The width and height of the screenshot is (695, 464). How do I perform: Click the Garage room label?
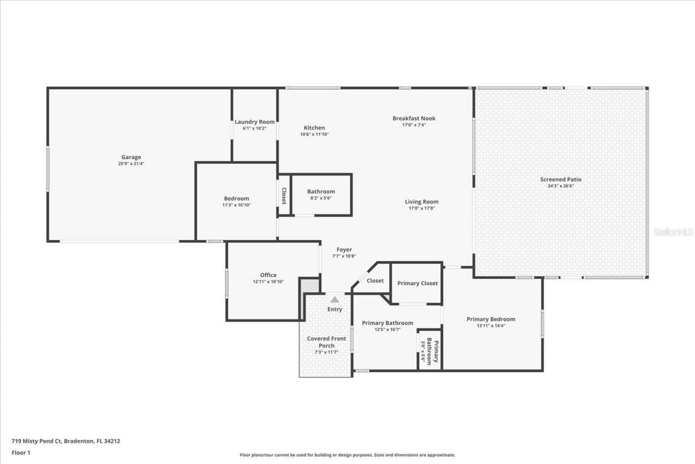[131, 157]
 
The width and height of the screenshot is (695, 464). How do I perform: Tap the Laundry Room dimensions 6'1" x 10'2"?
[254, 128]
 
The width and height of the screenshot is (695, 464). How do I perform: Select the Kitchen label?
[314, 128]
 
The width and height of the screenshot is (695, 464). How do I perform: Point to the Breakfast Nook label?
[414, 118]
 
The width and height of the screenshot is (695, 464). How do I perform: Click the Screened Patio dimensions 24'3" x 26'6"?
[560, 186]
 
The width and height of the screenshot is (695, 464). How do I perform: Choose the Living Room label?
[421, 202]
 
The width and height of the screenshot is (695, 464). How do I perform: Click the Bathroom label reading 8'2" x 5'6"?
[321, 191]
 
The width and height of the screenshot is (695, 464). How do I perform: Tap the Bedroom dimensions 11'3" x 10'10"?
[236, 205]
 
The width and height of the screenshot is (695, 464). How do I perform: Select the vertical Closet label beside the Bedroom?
[283, 196]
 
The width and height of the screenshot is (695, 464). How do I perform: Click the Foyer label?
[344, 249]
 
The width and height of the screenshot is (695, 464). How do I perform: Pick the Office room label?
[268, 275]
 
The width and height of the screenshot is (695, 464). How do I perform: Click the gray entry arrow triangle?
[335, 299]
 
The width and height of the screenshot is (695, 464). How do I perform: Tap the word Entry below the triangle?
[335, 309]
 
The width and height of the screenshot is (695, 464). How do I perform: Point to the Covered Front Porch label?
[326, 342]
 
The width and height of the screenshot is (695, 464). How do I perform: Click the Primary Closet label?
[417, 283]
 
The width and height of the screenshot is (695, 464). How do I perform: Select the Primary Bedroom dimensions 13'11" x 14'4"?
[491, 326]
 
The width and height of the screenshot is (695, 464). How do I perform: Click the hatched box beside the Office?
[309, 286]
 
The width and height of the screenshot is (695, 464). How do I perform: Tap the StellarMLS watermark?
[673, 232]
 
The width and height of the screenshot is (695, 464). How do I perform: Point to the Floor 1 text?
[21, 452]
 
